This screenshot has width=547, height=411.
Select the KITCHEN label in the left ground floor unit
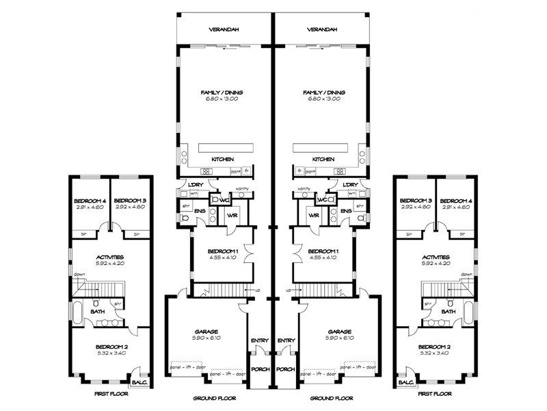[x=222, y=159]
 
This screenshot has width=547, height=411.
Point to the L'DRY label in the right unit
[x=350, y=185]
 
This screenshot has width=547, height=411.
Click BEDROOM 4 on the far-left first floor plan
[x=88, y=201]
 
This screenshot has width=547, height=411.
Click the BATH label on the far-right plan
[x=449, y=311]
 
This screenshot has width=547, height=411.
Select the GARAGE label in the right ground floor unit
[x=340, y=330]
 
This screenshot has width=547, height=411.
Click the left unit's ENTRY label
[x=258, y=340]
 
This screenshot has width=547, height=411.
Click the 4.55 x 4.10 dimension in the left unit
[x=222, y=258]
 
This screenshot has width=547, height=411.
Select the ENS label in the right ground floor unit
[x=346, y=211]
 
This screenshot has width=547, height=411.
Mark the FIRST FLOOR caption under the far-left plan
[x=108, y=395]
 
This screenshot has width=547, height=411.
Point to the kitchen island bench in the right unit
[x=320, y=149]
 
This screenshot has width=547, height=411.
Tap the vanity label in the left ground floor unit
[x=242, y=188]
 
